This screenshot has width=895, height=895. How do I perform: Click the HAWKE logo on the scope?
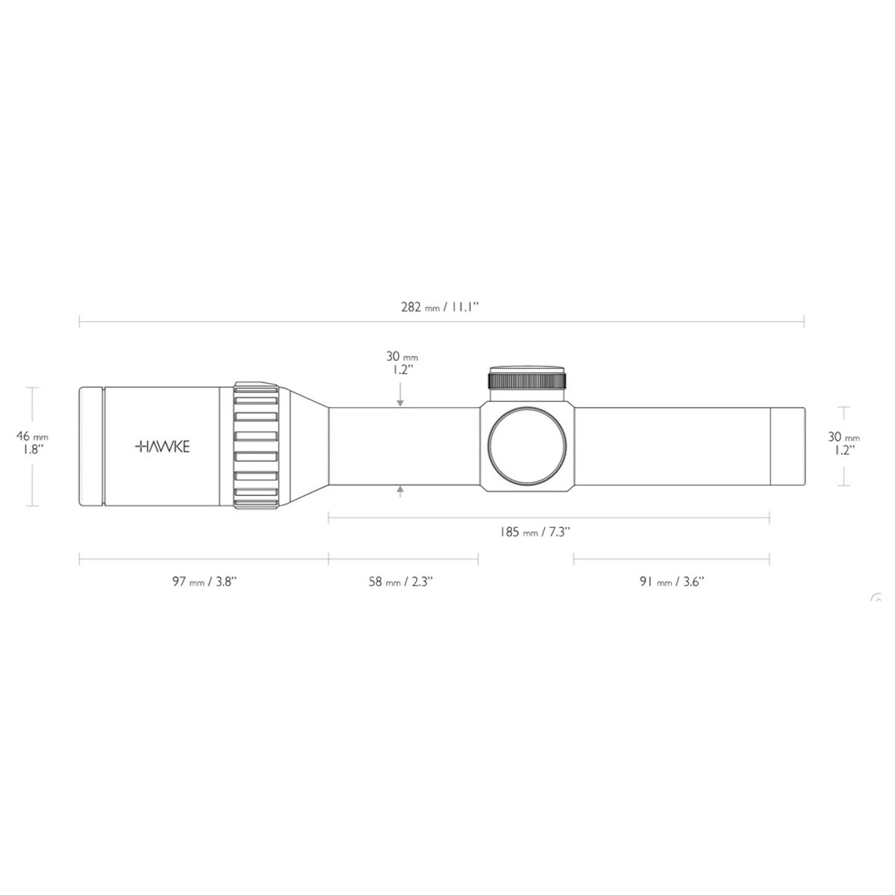(162, 447)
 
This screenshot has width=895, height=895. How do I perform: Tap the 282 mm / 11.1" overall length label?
(439, 308)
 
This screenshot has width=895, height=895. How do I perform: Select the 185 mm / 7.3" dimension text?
(535, 532)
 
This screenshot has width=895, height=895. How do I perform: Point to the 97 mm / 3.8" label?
(204, 582)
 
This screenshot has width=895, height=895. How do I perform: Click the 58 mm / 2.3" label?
(401, 582)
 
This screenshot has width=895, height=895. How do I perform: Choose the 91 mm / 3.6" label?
(671, 582)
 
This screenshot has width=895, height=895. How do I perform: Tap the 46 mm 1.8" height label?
(32, 443)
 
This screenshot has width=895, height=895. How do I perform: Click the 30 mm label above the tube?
(402, 363)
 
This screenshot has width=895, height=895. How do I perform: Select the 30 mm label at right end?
(843, 443)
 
